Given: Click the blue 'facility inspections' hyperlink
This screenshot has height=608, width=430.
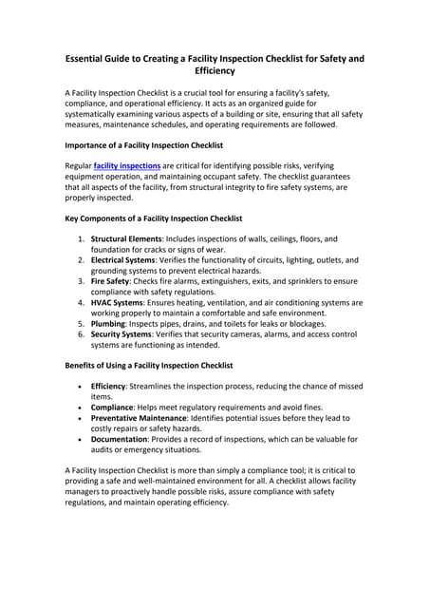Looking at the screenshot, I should [x=127, y=165].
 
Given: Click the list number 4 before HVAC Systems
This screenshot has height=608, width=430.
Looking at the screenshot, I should [x=80, y=302].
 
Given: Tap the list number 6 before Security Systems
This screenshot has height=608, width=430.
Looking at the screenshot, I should [x=80, y=334].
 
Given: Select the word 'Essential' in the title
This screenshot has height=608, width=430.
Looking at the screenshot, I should [x=90, y=58].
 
